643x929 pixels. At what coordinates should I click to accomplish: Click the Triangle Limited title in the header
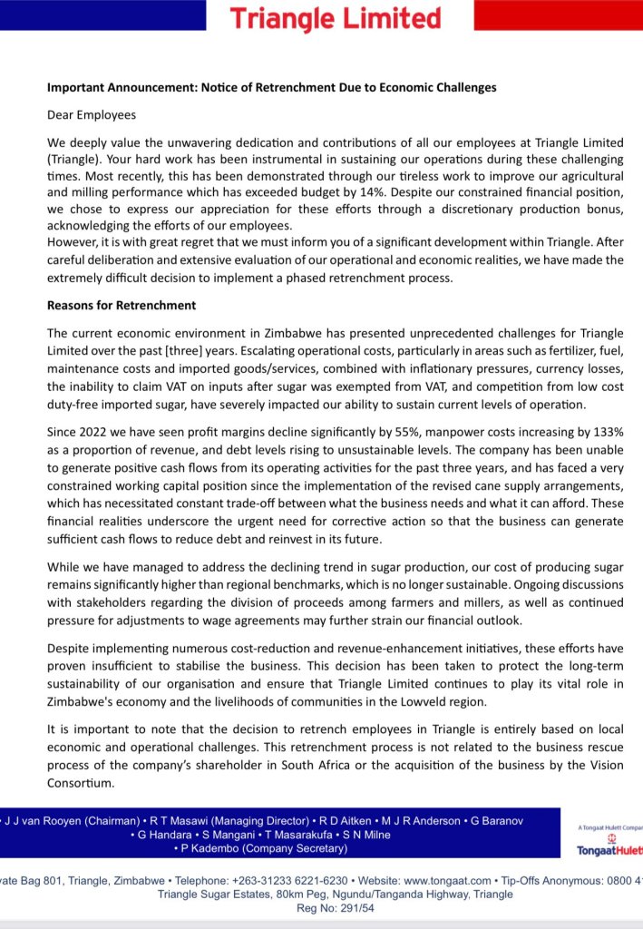(x=335, y=18)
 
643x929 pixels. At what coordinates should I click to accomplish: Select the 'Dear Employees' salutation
(x=92, y=115)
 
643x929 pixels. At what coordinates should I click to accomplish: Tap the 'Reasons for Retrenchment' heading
(x=122, y=305)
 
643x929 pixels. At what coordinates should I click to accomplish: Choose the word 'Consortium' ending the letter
(x=81, y=782)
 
